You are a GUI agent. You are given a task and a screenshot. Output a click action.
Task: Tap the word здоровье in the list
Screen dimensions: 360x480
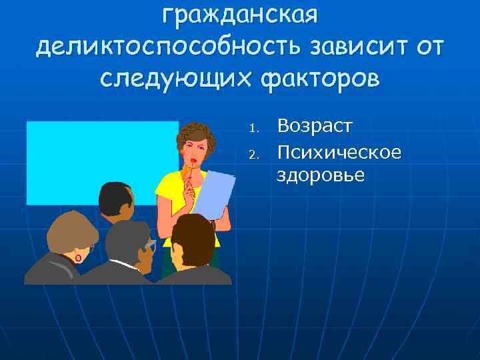tap(321, 175)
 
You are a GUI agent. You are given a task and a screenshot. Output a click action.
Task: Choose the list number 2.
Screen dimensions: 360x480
tap(252, 155)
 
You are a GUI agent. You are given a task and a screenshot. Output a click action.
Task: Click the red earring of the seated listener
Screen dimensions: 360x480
tap(78, 257)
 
